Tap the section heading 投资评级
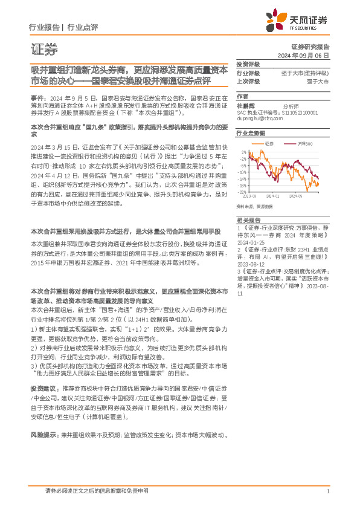click(x=248, y=63)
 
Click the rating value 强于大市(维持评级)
click(x=305, y=73)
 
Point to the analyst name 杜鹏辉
click(x=246, y=105)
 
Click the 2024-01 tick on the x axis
click(x=272, y=196)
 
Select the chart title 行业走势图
click(x=250, y=131)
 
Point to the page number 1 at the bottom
click(x=327, y=491)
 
